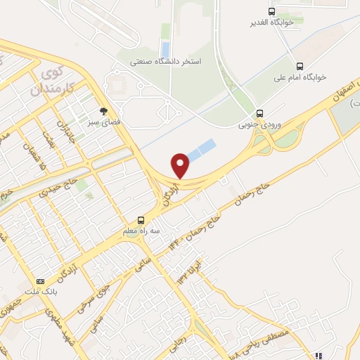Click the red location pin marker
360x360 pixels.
[x=181, y=165]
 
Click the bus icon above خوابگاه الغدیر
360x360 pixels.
[x=272, y=11]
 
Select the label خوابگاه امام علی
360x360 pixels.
[x=302, y=77]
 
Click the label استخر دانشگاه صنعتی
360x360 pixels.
[x=165, y=62]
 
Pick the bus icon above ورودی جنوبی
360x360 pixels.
[x=260, y=112]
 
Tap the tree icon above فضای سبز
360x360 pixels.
[x=104, y=111]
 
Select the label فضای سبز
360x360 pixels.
[x=104, y=122]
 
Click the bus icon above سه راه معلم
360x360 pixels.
[x=141, y=220]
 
